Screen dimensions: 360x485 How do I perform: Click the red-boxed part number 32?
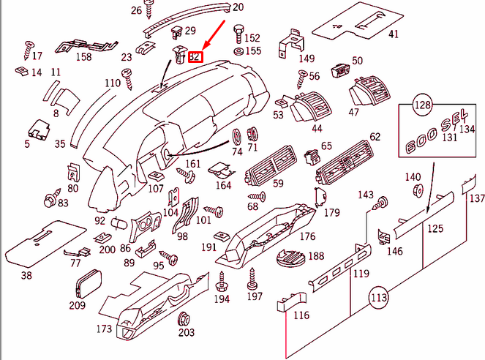(196, 56)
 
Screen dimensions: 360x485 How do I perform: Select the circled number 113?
(378, 298)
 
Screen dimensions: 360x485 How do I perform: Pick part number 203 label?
(186, 333)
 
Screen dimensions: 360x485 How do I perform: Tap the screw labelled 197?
(254, 277)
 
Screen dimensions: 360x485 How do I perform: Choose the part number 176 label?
(307, 236)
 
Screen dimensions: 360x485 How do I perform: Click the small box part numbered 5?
(38, 128)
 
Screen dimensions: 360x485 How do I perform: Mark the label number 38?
(26, 276)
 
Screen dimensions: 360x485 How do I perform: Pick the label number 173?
(105, 329)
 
